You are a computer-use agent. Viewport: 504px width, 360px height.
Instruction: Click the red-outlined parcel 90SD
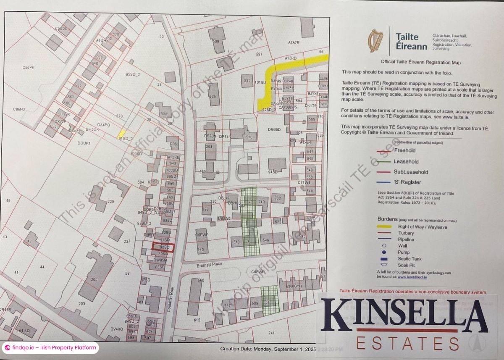tap(163, 248)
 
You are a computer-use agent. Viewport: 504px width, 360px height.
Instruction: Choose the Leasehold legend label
tap(406, 161)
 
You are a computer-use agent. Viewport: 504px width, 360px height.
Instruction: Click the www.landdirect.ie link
tap(413, 277)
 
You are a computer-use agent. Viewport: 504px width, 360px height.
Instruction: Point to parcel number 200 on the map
tap(94, 279)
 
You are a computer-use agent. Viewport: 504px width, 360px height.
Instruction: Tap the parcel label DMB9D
tap(274, 130)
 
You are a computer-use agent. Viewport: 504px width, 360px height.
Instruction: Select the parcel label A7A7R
tap(294, 43)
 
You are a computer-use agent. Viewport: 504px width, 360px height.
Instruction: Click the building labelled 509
tap(217, 41)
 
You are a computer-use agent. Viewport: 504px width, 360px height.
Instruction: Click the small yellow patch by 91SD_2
tap(121, 133)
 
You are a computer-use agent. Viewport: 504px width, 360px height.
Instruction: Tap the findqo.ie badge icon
tap(8, 348)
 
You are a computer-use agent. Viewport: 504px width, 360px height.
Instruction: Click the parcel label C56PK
tap(28, 67)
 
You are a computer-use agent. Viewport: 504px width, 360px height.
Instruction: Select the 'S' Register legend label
tap(407, 182)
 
